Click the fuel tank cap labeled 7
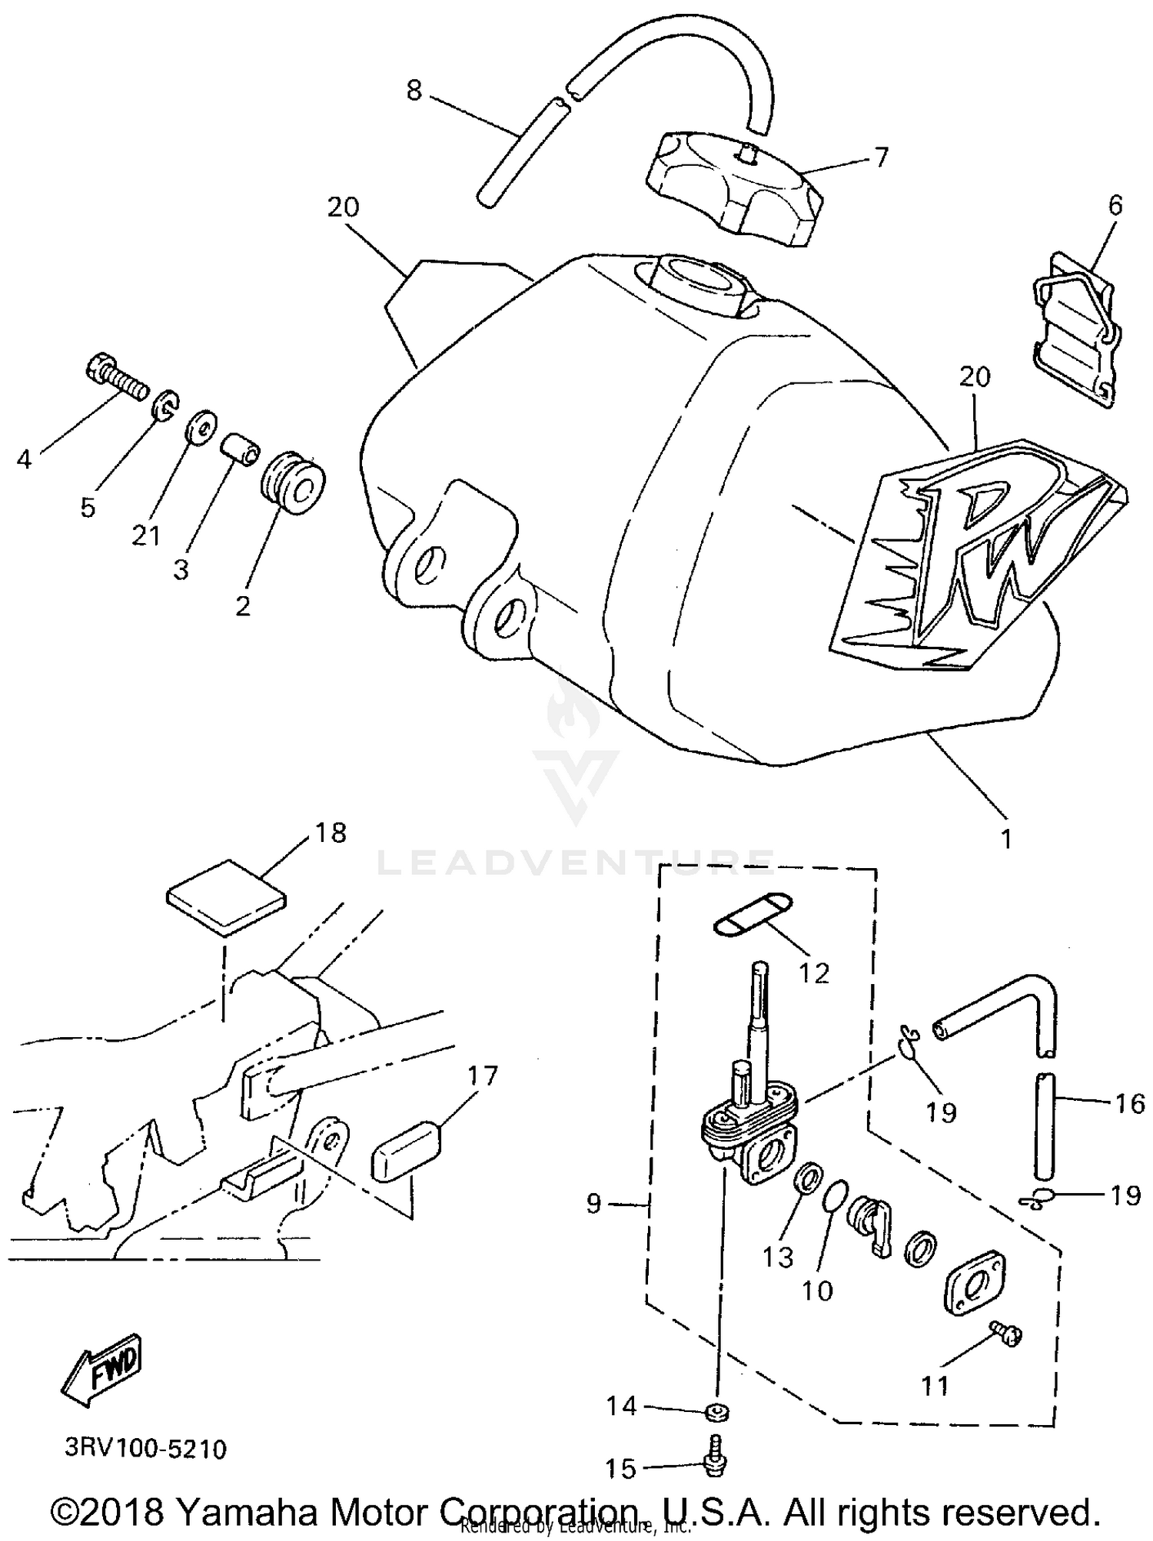(734, 188)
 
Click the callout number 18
(331, 833)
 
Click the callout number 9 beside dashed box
(593, 1203)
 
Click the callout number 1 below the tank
(1005, 839)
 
